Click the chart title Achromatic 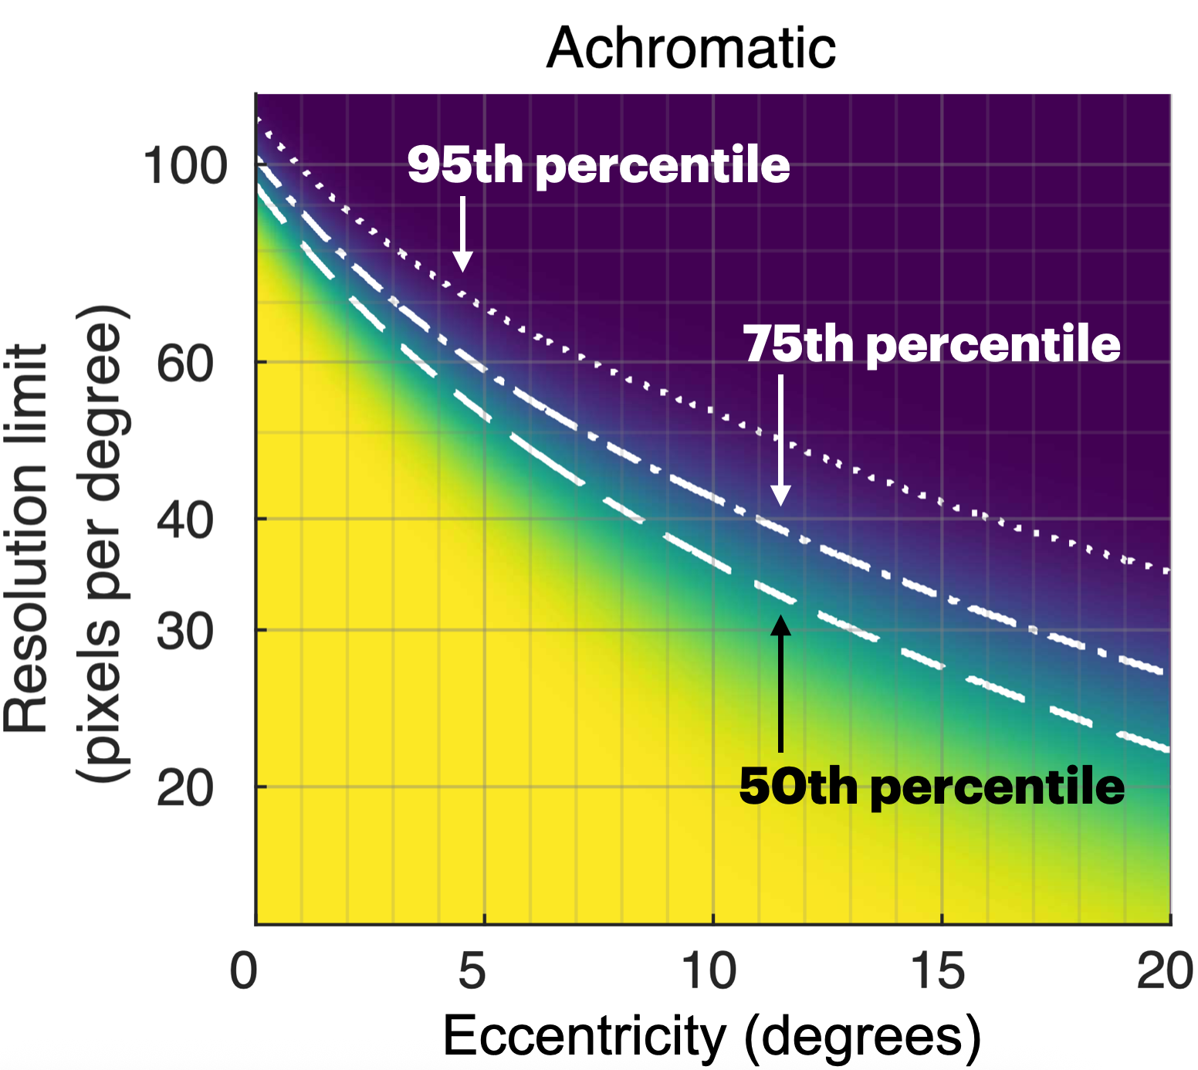pos(691,48)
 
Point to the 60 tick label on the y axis pos(185,363)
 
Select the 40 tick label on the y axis pos(185,520)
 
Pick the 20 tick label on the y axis pos(185,789)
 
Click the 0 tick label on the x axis pos(243,970)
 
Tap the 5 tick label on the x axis pos(472,970)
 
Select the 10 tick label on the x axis pos(709,970)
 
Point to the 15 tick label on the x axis pos(938,970)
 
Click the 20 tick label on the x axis pos(1165,970)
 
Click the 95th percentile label pos(599,165)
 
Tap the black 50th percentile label pos(932,787)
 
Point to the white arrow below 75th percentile pos(781,440)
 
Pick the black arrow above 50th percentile pos(781,683)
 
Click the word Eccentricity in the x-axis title pos(584,1036)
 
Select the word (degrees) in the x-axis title pos(862,1038)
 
